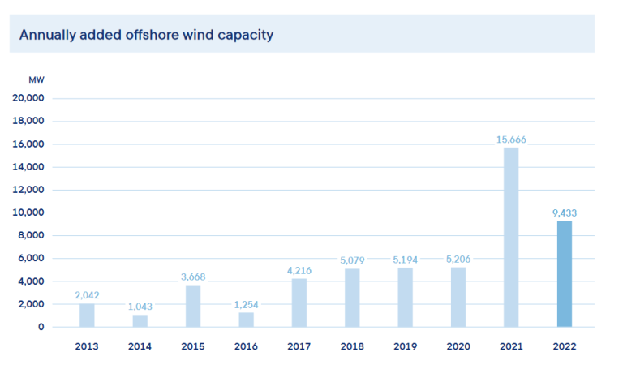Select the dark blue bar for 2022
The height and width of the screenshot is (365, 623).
[x=564, y=274]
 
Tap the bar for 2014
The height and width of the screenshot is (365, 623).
[x=140, y=320]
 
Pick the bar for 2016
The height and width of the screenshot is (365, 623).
[x=246, y=320]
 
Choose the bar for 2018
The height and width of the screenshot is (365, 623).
[x=352, y=298]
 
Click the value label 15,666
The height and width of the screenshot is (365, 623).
[x=511, y=140]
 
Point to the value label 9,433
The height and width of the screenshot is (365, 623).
[x=564, y=213]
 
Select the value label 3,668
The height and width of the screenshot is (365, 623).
[x=193, y=277]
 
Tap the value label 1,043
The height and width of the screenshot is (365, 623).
[x=140, y=307]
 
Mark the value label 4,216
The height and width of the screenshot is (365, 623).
[x=299, y=271]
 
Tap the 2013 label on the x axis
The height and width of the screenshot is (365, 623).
[x=87, y=346]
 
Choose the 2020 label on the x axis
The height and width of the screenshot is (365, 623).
[x=458, y=346]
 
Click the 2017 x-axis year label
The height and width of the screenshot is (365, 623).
[x=299, y=346]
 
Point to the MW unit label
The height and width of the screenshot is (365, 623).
[x=37, y=79]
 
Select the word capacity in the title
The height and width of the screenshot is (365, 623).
[x=244, y=36]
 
